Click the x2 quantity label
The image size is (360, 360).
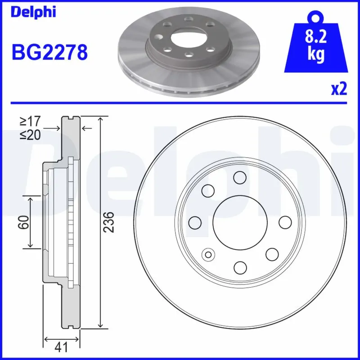coord(338,90)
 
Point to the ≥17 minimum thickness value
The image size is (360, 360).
coord(30,121)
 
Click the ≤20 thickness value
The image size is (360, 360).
coord(30,135)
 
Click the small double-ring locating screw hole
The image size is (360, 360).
coord(208,255)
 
